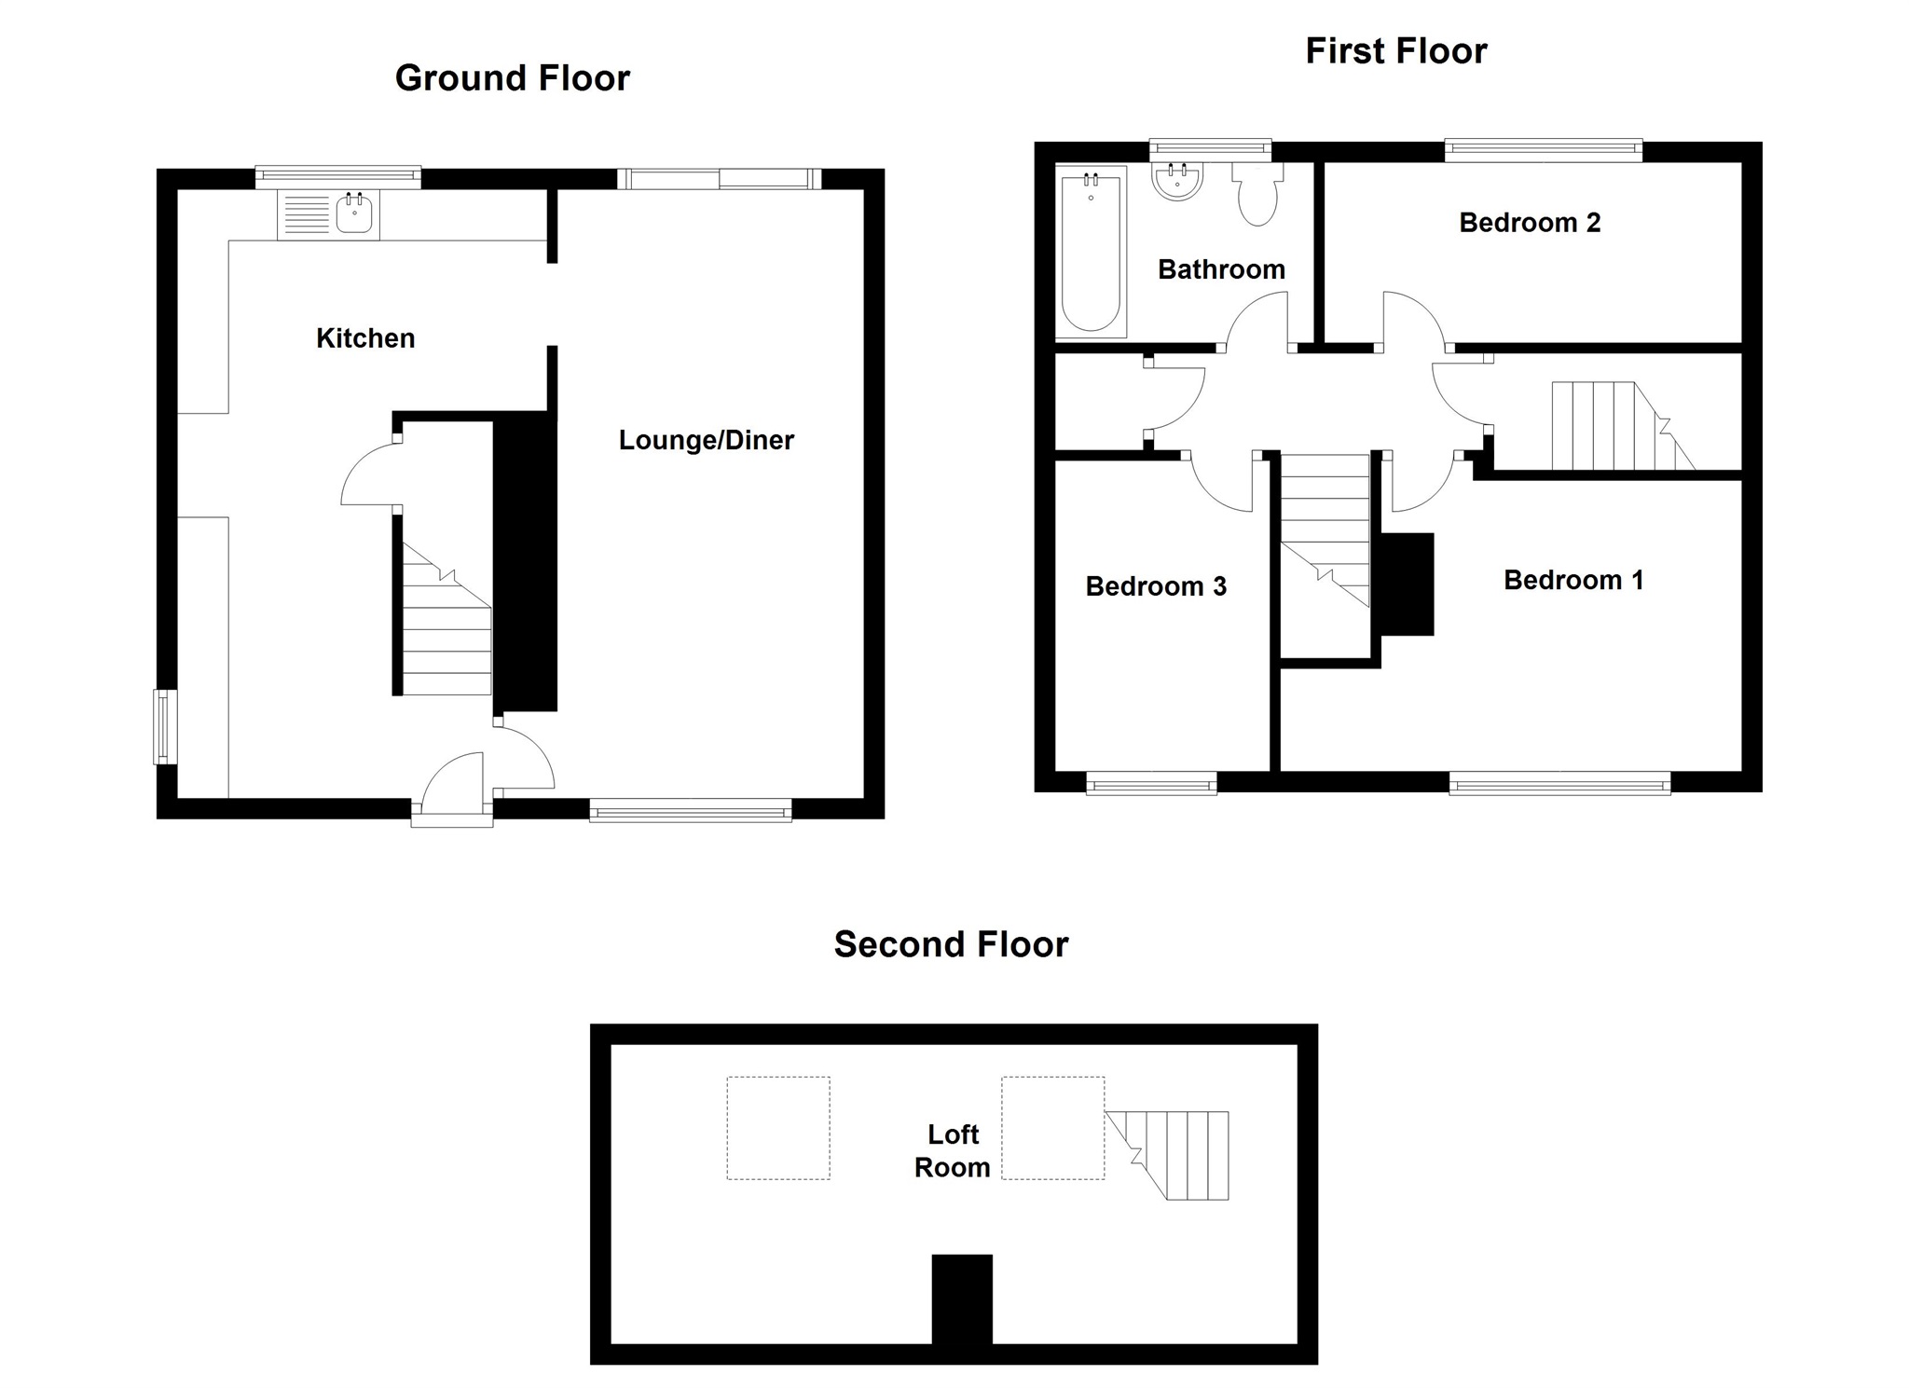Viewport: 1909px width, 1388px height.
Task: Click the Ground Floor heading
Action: tap(512, 78)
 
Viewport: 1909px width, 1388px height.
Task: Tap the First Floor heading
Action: tap(1395, 51)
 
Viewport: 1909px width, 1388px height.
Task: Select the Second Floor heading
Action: tap(951, 944)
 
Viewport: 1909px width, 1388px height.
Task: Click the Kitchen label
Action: tap(365, 338)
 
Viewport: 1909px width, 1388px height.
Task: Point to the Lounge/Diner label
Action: tap(706, 440)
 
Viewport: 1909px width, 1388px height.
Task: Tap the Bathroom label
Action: tap(1221, 269)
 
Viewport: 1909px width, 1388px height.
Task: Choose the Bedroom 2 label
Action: tap(1529, 223)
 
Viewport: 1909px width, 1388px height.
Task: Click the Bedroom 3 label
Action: tap(1156, 586)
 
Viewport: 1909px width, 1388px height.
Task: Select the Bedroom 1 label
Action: tap(1573, 580)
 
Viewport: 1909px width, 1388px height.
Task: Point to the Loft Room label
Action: tap(952, 1150)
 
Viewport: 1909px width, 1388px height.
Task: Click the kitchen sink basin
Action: tap(354, 215)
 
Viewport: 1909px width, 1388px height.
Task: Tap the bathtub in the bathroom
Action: tap(1091, 251)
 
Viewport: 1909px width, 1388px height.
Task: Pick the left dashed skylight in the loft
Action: tap(778, 1128)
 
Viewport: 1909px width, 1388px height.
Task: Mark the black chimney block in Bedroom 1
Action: tap(1406, 584)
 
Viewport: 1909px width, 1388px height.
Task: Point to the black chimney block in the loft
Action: tap(962, 1299)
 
